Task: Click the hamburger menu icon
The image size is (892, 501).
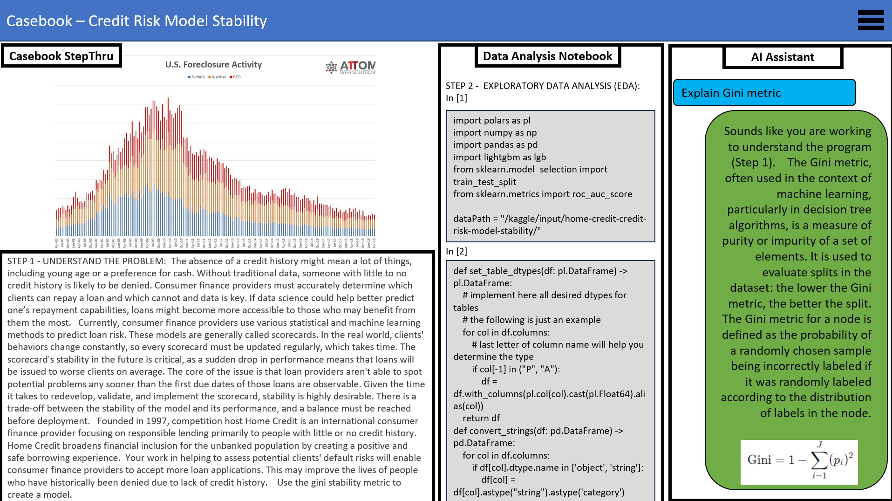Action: tap(870, 21)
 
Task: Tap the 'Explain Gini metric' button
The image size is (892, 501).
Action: tap(764, 93)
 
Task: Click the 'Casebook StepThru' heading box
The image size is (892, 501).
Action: tap(61, 56)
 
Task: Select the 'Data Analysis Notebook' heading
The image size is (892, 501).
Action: tap(547, 56)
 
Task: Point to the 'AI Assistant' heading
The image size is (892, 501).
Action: tap(783, 57)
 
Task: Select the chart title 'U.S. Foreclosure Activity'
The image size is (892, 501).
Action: tap(213, 64)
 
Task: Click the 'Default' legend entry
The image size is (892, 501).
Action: tap(196, 77)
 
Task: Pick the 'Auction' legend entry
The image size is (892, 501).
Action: tap(217, 77)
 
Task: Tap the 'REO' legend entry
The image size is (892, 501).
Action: tap(235, 77)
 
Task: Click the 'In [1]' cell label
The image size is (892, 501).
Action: tap(456, 98)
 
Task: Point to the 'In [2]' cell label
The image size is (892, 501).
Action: tap(456, 251)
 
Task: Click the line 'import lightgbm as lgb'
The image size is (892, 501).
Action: tap(499, 157)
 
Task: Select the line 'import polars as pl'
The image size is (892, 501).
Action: tap(491, 120)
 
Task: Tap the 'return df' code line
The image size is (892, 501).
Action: tap(481, 418)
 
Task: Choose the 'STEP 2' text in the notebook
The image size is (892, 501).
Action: tap(459, 86)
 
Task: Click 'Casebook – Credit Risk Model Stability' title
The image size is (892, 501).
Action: tap(136, 21)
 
